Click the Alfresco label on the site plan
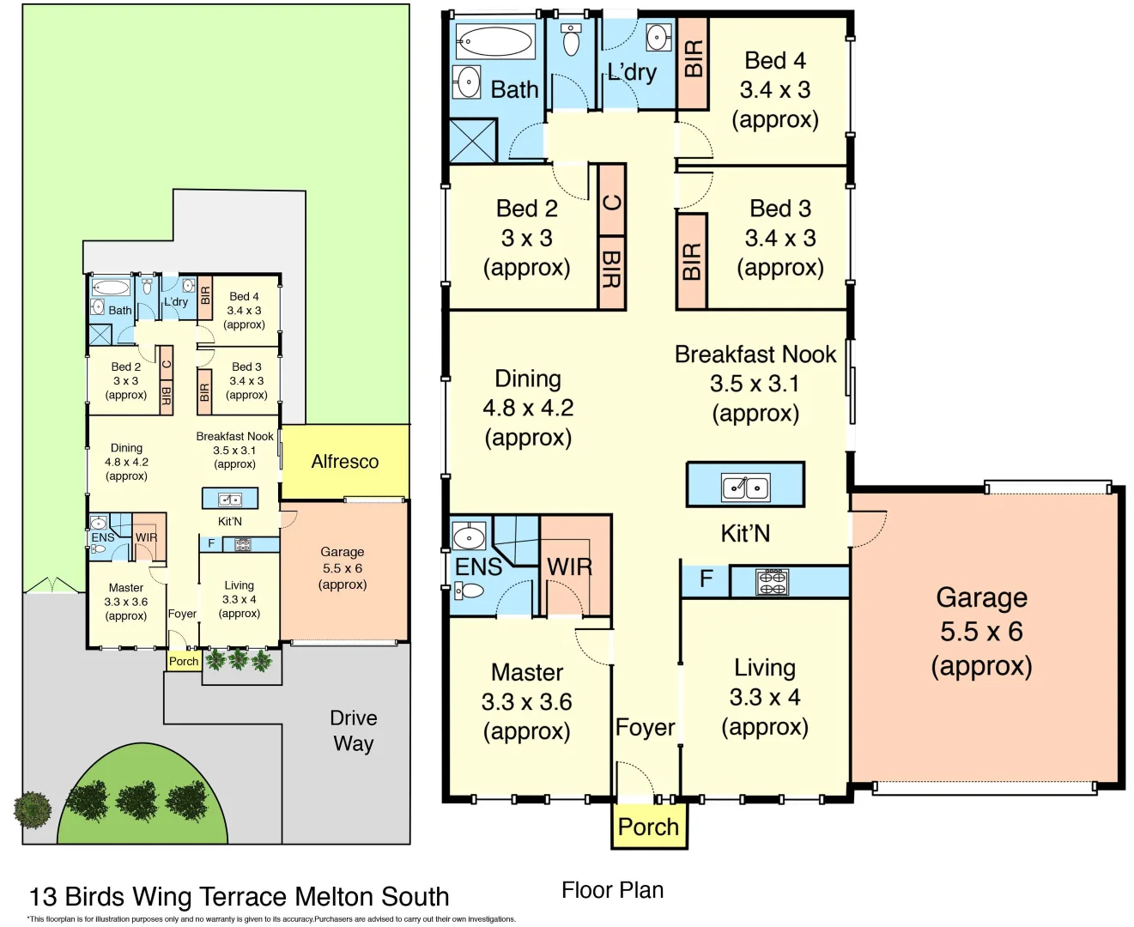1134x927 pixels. (x=344, y=462)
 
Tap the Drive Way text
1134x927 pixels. (x=354, y=730)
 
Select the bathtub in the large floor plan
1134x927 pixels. (x=494, y=40)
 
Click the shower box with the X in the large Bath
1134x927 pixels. (x=473, y=141)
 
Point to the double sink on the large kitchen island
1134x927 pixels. (x=745, y=487)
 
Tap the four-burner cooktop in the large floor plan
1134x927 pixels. (x=772, y=582)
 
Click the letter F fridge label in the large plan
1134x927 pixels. (x=706, y=579)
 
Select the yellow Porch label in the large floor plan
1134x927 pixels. (x=648, y=827)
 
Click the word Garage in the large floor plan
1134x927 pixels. (x=981, y=597)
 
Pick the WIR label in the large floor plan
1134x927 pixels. (x=570, y=567)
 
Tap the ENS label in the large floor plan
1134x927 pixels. (x=478, y=567)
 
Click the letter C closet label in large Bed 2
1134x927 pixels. (x=611, y=203)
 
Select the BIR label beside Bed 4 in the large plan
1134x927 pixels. (x=693, y=59)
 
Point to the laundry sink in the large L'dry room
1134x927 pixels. (x=658, y=37)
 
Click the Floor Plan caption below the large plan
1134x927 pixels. (x=612, y=890)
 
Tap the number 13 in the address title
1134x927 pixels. (x=43, y=897)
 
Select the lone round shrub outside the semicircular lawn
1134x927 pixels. (x=33, y=809)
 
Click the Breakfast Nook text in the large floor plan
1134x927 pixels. (x=755, y=354)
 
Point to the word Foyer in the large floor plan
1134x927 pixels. (x=645, y=728)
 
